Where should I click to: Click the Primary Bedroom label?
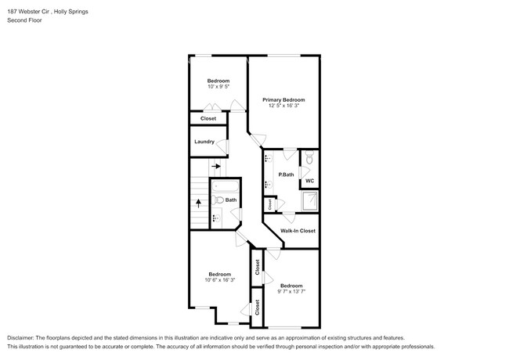(x=283, y=100)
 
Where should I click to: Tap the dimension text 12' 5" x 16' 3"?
(x=283, y=106)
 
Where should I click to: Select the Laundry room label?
(x=204, y=142)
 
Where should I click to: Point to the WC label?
(x=309, y=181)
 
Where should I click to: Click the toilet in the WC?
(x=309, y=159)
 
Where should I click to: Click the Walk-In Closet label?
(x=298, y=231)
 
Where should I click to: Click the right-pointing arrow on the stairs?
(x=216, y=166)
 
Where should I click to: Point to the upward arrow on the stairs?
(x=198, y=202)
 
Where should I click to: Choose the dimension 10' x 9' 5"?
(x=218, y=87)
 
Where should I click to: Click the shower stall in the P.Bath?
(x=310, y=204)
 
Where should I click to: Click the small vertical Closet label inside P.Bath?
(x=270, y=204)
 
